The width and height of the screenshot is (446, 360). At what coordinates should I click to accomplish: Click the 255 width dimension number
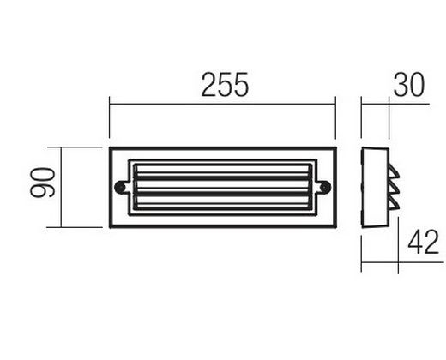coord(225,85)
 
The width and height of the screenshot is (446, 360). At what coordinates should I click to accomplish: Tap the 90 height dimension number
coord(42,183)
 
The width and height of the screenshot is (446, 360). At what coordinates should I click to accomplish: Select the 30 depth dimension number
coord(409,85)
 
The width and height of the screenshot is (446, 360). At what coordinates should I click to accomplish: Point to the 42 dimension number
coord(423,242)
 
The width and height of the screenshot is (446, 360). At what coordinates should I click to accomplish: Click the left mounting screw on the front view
coord(120,188)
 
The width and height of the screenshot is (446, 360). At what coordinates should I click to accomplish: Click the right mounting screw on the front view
coord(325,188)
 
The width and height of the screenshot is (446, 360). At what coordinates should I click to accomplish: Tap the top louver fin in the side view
coord(394,172)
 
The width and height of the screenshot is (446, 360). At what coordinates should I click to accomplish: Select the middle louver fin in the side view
coord(394,188)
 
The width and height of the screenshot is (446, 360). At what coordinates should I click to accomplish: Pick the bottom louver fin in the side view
coord(394,203)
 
